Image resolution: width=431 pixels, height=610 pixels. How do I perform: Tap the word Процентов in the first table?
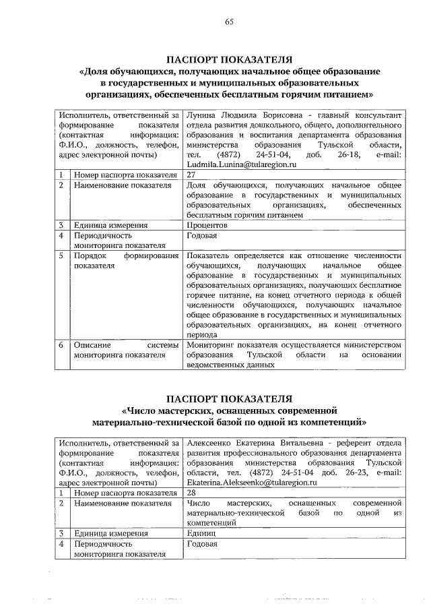point(207,225)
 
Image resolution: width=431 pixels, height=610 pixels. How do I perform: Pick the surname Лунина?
point(201,115)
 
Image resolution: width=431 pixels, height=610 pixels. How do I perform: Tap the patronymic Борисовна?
point(286,115)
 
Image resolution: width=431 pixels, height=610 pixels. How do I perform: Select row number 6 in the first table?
point(61,345)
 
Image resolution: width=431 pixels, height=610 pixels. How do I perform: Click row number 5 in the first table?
point(61,257)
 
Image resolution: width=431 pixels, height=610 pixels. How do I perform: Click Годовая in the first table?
point(202,237)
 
